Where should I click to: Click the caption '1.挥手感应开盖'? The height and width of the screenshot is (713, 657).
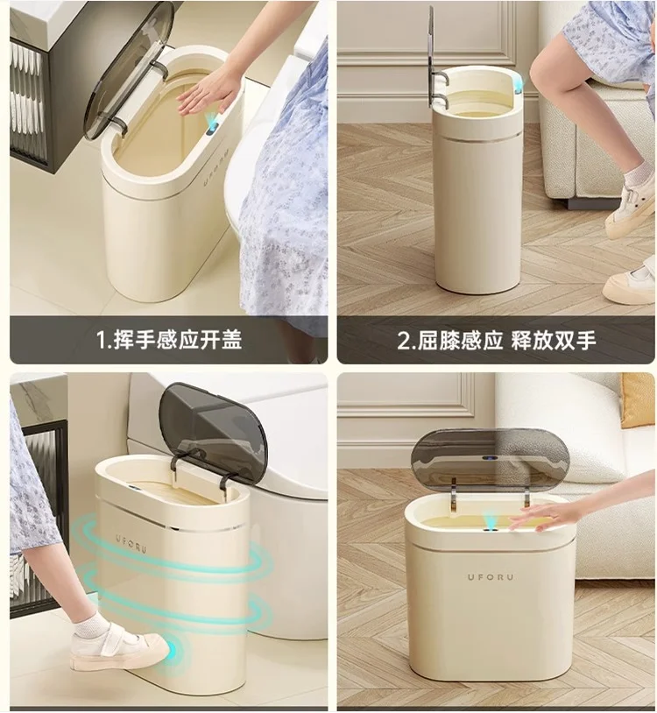click(170, 340)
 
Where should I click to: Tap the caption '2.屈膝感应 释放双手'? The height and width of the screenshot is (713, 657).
click(497, 340)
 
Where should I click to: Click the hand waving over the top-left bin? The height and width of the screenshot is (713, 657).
click(209, 90)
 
